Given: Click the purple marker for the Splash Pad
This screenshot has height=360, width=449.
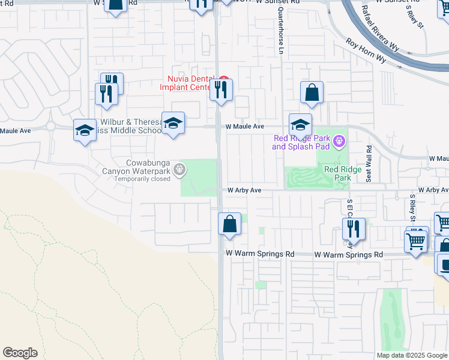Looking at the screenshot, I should pyautogui.click(x=339, y=142).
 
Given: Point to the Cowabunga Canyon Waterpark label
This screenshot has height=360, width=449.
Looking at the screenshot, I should pyautogui.click(x=147, y=167).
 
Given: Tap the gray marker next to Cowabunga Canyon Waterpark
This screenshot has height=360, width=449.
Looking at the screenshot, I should pyautogui.click(x=179, y=172).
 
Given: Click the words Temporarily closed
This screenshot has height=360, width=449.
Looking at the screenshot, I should pyautogui.click(x=143, y=179).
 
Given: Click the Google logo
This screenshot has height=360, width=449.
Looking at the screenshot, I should pyautogui.click(x=20, y=353).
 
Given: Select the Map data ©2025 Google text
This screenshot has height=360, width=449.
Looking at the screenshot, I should pyautogui.click(x=412, y=355).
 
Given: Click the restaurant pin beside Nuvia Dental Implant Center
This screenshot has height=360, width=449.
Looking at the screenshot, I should pyautogui.click(x=221, y=90).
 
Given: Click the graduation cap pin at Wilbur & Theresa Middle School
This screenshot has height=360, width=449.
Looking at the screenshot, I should pyautogui.click(x=173, y=123).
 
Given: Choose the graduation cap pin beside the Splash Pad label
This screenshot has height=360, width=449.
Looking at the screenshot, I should pyautogui.click(x=300, y=125).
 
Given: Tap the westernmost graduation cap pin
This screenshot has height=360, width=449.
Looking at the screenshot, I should pyautogui.click(x=85, y=130).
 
